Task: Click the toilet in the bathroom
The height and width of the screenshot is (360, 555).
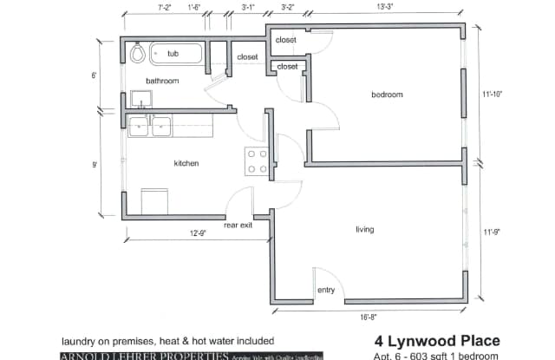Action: point(137,54)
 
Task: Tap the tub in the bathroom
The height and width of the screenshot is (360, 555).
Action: point(175,54)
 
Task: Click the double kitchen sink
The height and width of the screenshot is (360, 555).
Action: point(150,128)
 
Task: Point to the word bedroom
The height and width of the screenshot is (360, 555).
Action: point(387,94)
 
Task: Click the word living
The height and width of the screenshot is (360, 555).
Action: point(365,229)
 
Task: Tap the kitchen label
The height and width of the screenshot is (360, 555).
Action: point(186,163)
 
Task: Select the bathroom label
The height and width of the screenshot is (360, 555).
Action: point(162,81)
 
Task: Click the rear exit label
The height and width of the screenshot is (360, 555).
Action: point(238,225)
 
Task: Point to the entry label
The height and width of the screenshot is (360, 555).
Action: point(326,290)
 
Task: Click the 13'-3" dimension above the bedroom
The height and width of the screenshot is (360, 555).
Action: point(386,8)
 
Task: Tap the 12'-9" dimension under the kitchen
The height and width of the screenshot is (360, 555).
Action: point(199,233)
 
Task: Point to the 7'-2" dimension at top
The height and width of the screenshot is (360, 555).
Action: point(166,8)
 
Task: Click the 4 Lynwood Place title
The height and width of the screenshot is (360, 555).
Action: point(437,340)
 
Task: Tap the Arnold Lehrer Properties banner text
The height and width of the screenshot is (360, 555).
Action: point(144,356)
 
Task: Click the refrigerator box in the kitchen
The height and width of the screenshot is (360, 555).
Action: point(154,201)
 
